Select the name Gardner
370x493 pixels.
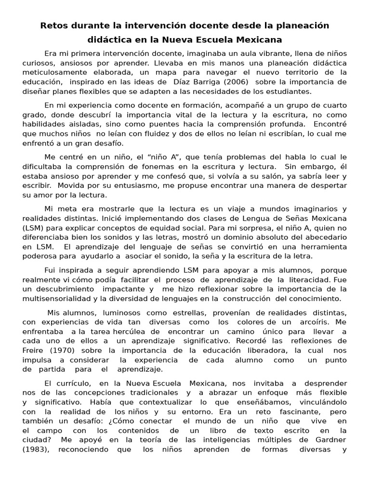point(330,441)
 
